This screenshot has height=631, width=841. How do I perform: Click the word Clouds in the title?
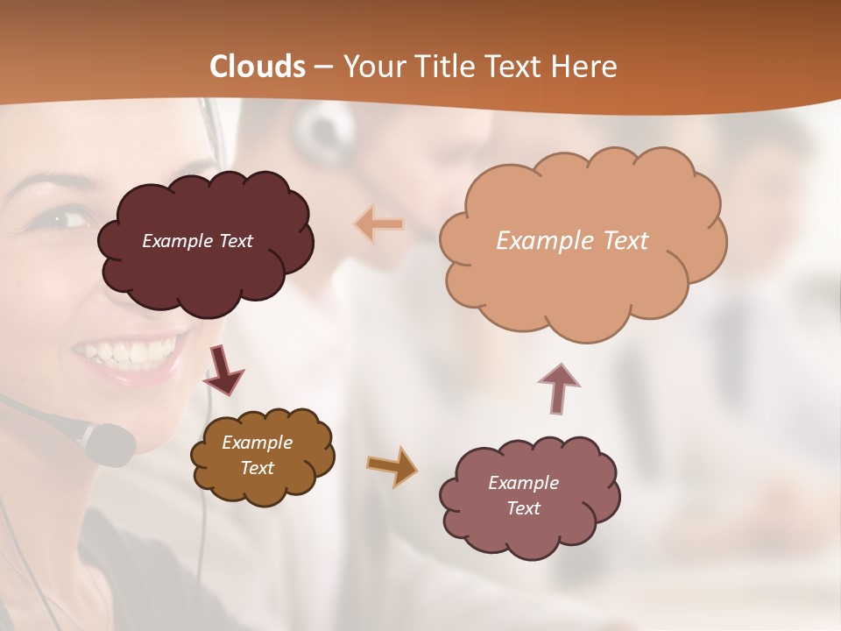tap(258, 67)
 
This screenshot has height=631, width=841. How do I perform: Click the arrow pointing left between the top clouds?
tap(379, 224)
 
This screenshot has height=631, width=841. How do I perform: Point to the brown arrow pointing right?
tap(392, 465)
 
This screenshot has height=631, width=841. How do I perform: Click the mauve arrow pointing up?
tap(558, 386)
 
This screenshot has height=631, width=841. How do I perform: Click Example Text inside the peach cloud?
tap(572, 241)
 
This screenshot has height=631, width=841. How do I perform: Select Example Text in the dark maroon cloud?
tap(197, 241)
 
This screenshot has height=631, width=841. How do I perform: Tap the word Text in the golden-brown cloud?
tap(258, 468)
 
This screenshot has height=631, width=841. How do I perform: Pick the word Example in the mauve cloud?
tap(523, 483)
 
